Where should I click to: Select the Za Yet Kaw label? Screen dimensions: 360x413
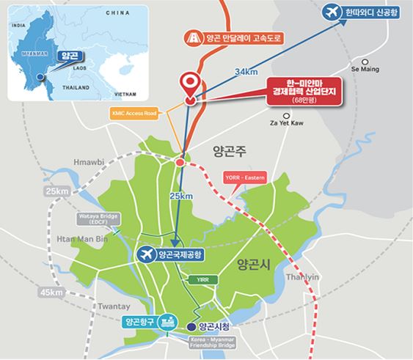click(x=286, y=124)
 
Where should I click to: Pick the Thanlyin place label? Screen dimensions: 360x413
click(x=304, y=277)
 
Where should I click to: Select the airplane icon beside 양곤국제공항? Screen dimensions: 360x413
click(x=147, y=254)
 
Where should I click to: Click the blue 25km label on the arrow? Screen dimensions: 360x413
click(x=181, y=196)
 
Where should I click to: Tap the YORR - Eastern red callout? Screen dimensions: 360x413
click(x=244, y=177)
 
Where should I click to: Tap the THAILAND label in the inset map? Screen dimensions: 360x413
click(x=76, y=86)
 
